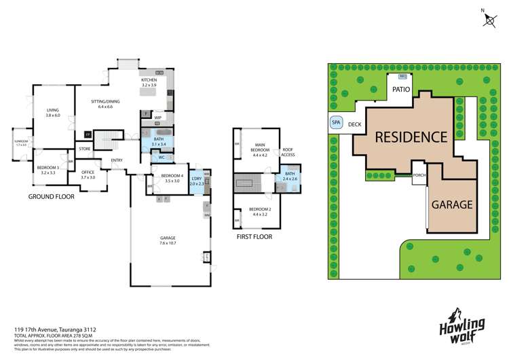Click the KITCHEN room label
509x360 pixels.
(x=149, y=80)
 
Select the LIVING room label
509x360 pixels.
(x=53, y=110)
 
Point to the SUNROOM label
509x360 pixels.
(x=20, y=142)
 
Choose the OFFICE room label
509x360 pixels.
(x=88, y=173)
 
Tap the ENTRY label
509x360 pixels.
(x=117, y=161)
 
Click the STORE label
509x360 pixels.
(x=84, y=149)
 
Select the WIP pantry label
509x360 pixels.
(x=157, y=118)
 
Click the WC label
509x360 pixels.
(x=162, y=158)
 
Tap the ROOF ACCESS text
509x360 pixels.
(x=287, y=152)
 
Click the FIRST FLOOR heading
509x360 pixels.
(x=254, y=237)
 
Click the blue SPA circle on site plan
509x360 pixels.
(x=335, y=123)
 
